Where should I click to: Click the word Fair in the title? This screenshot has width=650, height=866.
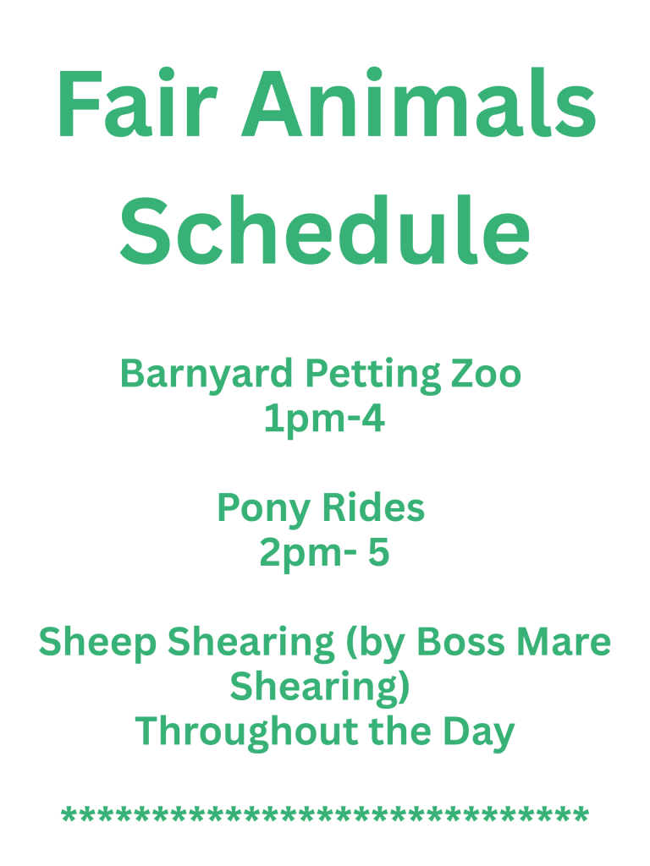click(x=138, y=102)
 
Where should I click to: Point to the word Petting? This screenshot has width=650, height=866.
click(x=373, y=376)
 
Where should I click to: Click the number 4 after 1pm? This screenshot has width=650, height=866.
click(x=372, y=418)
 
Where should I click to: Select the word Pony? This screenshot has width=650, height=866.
click(x=263, y=510)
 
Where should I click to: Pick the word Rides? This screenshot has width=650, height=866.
click(x=373, y=507)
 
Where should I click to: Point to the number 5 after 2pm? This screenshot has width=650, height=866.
click(x=378, y=552)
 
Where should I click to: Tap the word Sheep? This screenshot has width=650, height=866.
click(x=98, y=644)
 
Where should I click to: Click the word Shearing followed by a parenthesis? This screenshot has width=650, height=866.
click(x=320, y=688)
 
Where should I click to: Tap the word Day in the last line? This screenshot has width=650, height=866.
click(x=479, y=733)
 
